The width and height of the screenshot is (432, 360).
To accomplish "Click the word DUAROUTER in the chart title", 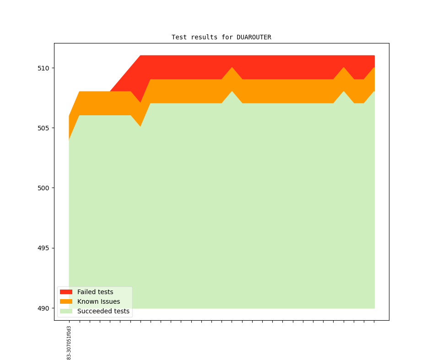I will [x=254, y=37].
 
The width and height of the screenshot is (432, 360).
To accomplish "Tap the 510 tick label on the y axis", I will [x=43, y=68].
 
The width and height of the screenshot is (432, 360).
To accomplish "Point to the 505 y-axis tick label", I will [x=43, y=128].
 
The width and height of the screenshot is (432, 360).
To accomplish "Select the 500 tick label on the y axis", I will [x=43, y=188].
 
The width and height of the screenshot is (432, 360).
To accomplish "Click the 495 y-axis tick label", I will [x=43, y=248].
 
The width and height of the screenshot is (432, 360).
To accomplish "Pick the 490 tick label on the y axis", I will [x=43, y=308].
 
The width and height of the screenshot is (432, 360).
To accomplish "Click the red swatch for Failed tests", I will [x=66, y=292].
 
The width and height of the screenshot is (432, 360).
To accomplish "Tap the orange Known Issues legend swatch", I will [x=66, y=301].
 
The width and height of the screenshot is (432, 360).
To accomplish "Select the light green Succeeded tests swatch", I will [x=66, y=311].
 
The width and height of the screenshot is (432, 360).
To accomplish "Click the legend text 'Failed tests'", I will [x=95, y=292].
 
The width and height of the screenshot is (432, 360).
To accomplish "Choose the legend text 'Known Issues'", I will [x=98, y=301].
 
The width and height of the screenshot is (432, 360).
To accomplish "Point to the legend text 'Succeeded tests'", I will [x=103, y=311].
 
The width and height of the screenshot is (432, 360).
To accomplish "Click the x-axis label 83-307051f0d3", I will [x=69, y=343].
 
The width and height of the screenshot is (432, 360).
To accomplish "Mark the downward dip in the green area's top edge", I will [x=140, y=126].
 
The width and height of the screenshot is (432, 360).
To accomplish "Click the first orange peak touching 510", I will [x=232, y=68].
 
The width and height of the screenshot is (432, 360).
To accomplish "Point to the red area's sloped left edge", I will [x=125, y=73].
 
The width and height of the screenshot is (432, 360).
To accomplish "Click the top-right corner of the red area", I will [x=374, y=56].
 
